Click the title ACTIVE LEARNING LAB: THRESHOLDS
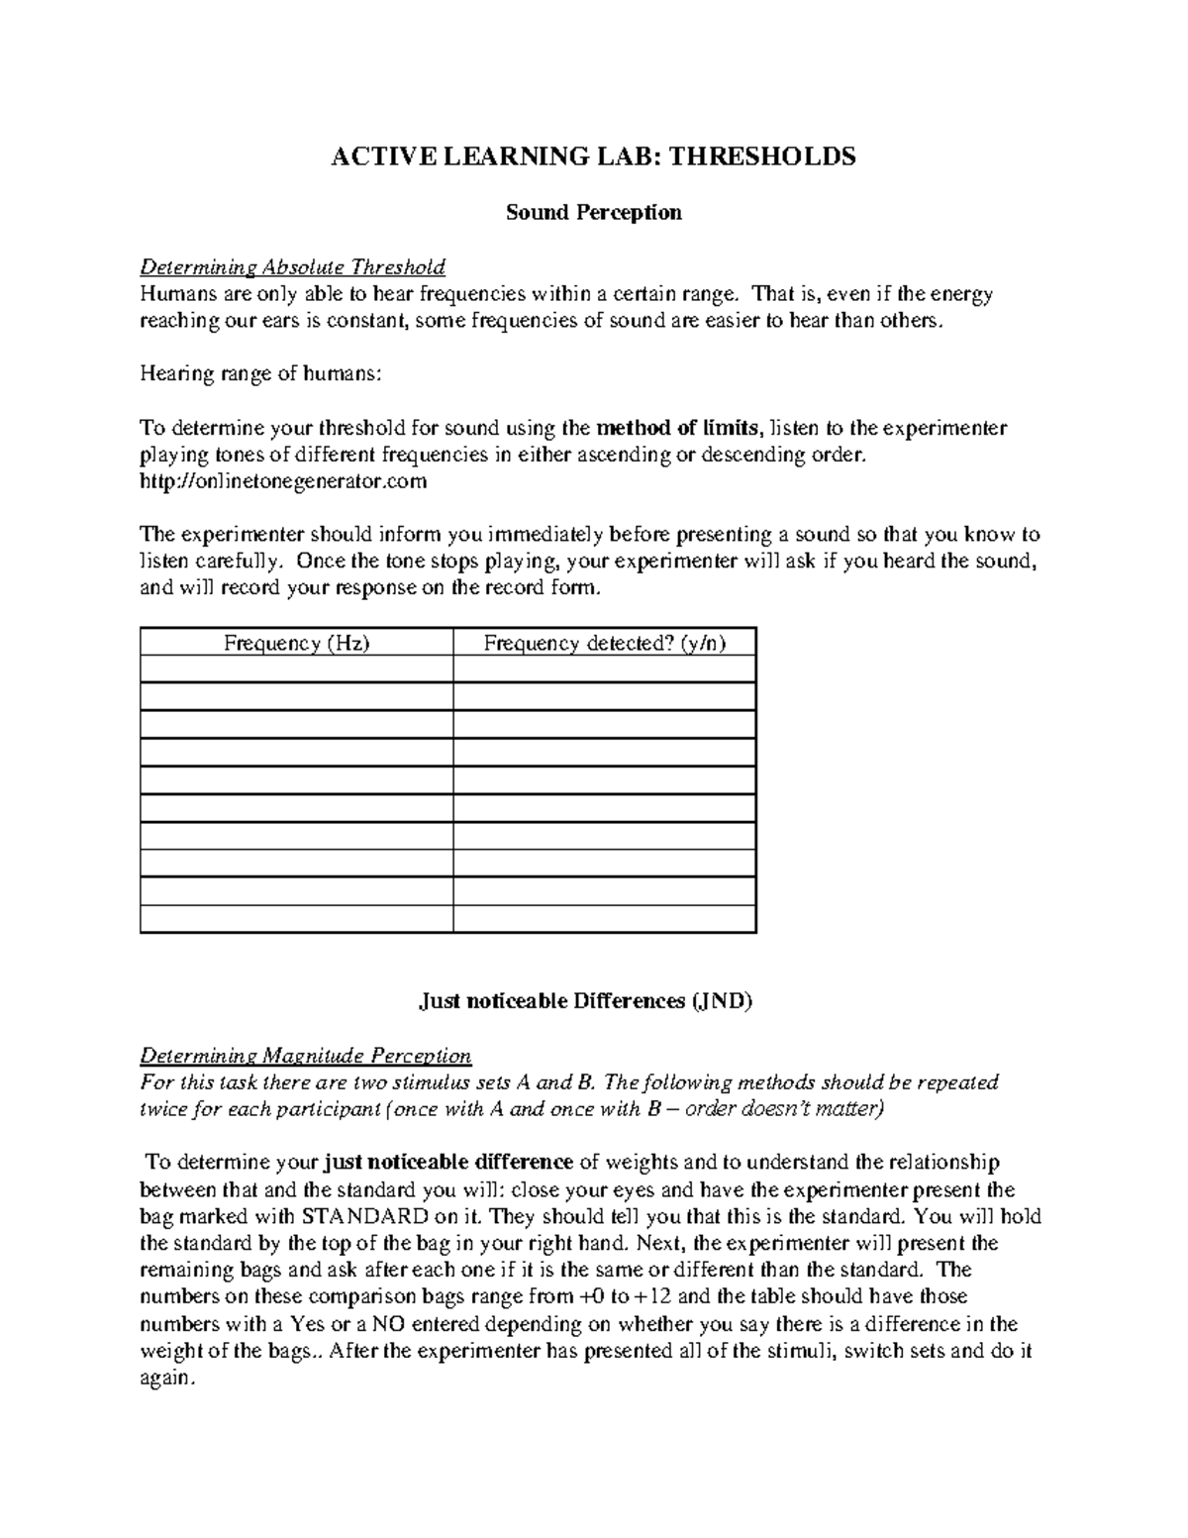tap(593, 156)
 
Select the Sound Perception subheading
tap(593, 212)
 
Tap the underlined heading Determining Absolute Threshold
tap(292, 267)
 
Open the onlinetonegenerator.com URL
tap(283, 482)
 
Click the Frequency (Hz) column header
tap(296, 644)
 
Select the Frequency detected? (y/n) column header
tap(604, 644)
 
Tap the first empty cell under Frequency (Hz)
tap(296, 670)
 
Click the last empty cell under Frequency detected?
tap(604, 919)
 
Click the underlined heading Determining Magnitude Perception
tap(305, 1055)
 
